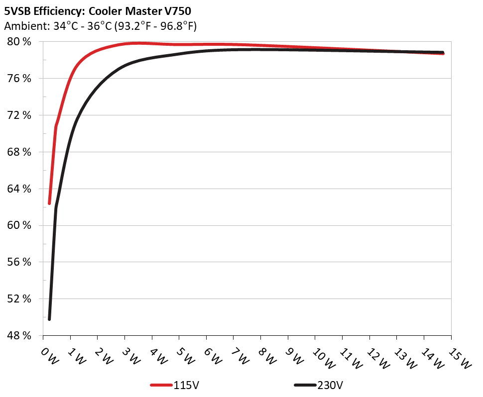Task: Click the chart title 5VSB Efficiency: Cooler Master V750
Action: (x=97, y=9)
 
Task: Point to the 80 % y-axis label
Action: (x=19, y=42)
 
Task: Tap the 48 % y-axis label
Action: (x=19, y=336)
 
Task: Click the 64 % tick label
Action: (x=19, y=189)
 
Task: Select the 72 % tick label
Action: (x=19, y=115)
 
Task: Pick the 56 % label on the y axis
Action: (x=19, y=262)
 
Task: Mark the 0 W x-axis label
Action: (x=48, y=354)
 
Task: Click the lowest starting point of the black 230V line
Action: (x=49, y=319)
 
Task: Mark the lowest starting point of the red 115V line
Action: (x=49, y=203)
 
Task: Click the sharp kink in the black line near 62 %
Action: (x=56, y=207)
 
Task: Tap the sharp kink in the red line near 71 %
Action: (x=56, y=126)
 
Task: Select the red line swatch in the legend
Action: (x=161, y=385)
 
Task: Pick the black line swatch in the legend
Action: (x=305, y=385)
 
